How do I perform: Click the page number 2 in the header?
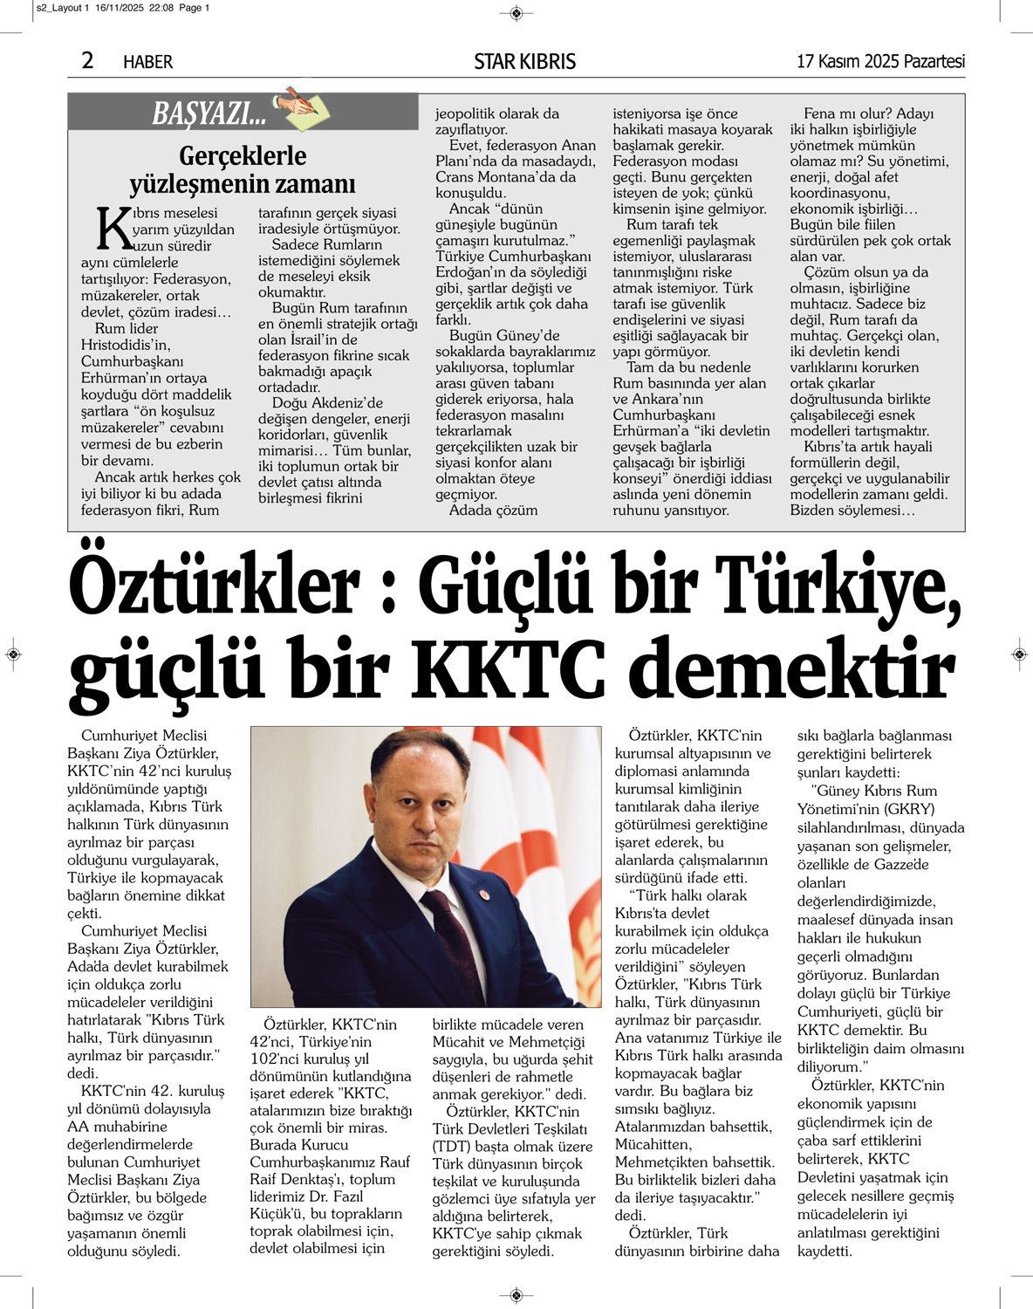(x=87, y=60)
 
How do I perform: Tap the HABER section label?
(x=147, y=62)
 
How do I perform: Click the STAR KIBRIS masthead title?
(x=524, y=61)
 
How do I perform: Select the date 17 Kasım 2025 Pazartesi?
(x=880, y=61)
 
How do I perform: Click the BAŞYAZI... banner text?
(x=209, y=113)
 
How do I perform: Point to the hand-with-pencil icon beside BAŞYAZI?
(x=300, y=106)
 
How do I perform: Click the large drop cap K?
(x=114, y=229)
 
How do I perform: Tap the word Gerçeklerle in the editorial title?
(x=243, y=156)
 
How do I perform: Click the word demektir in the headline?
(x=791, y=671)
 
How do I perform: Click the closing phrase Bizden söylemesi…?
(x=852, y=511)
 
